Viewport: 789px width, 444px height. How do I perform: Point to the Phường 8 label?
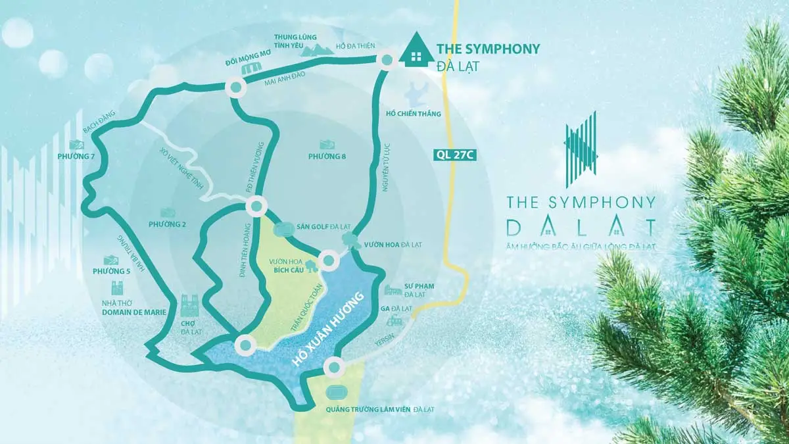327,157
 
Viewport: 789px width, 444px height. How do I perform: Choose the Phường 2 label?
167,224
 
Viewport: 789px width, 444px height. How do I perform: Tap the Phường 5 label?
111,271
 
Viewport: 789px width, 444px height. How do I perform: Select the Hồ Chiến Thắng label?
414,114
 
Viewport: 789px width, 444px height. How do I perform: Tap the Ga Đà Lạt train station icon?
394,321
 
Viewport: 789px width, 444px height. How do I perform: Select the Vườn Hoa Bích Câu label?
284,266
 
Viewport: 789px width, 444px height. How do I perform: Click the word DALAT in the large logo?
581,227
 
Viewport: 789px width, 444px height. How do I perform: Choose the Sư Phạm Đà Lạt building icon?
393,290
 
